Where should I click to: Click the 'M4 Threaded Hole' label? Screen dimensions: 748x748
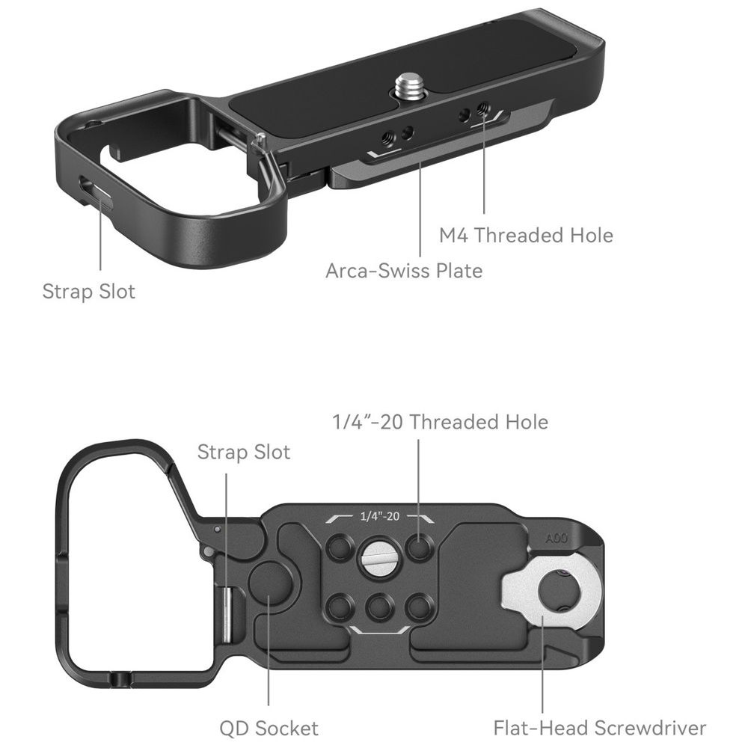click(x=526, y=235)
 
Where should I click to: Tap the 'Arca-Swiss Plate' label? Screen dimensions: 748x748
click(x=404, y=271)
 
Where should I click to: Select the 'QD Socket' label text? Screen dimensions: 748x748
click(x=269, y=729)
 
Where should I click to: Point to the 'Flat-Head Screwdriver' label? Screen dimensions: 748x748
click(x=600, y=728)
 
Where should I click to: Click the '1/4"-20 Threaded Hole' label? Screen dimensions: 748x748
click(x=440, y=422)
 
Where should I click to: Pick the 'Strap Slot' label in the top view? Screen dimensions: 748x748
click(x=89, y=292)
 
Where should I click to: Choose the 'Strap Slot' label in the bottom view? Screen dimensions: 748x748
click(x=244, y=453)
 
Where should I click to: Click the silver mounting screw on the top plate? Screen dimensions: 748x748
click(x=408, y=86)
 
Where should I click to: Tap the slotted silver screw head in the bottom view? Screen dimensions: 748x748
click(x=379, y=558)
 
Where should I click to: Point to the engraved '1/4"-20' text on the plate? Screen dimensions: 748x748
click(x=380, y=516)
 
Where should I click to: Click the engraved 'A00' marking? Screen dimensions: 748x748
click(x=557, y=539)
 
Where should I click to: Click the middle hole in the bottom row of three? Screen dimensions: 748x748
click(x=379, y=607)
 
